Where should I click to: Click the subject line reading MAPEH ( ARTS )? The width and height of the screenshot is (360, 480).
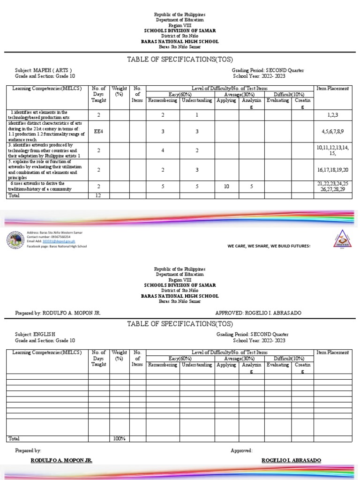click(x=43, y=70)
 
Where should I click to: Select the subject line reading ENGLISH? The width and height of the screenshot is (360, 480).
click(x=35, y=334)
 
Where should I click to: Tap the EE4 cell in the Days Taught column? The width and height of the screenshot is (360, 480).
click(x=98, y=131)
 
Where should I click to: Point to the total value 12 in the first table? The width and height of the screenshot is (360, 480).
click(x=98, y=195)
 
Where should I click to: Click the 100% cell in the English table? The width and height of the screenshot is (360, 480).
click(x=120, y=438)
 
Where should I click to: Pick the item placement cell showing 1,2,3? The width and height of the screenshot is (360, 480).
click(x=332, y=114)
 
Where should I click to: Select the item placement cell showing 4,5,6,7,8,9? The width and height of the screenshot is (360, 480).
click(x=332, y=132)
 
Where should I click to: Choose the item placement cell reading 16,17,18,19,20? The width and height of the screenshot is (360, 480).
click(x=332, y=170)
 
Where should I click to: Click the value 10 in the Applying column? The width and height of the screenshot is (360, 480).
click(x=227, y=187)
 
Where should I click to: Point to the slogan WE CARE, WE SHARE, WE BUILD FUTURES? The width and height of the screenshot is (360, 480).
click(x=269, y=246)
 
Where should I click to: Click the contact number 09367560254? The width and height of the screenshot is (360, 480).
click(x=48, y=237)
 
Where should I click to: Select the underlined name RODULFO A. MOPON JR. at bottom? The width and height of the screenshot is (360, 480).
click(x=61, y=460)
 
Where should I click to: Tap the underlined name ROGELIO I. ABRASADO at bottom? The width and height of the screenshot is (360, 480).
click(x=291, y=460)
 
